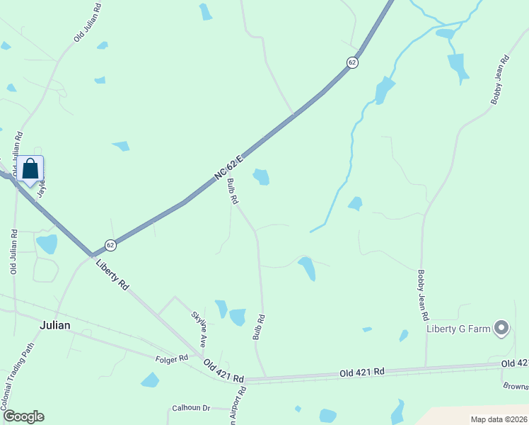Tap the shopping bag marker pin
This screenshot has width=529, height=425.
pos(30,169)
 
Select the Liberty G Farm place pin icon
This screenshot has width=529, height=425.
pos(501,327)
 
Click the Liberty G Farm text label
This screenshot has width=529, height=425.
pos(459,328)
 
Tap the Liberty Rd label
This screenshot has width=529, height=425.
pos(112,274)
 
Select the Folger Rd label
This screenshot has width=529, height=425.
pos(172,359)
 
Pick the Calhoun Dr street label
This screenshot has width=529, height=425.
pos(191,408)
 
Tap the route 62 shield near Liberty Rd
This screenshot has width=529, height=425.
pos(110,245)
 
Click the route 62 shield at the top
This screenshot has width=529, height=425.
pos(352,62)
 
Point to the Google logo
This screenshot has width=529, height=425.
pos(23,416)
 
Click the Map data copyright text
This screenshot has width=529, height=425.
pos(499,419)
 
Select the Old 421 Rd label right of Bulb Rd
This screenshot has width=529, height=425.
pos(361,371)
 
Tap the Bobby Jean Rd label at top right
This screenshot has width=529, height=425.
pos(500,81)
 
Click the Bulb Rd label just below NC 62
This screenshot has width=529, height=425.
pos(233,191)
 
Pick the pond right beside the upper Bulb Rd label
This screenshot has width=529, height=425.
pos(262,176)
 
